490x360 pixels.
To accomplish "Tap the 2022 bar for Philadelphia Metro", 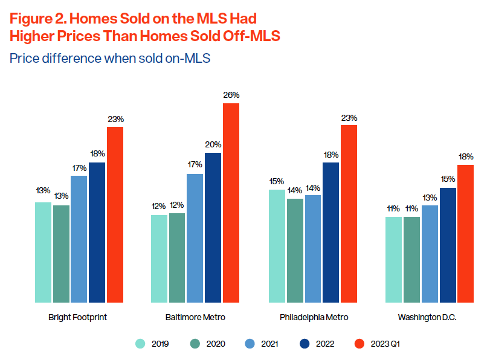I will (330, 232).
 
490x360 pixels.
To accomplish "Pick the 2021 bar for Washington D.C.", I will (430, 254).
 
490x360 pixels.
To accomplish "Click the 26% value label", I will (231, 95).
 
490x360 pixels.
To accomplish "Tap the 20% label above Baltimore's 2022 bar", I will (213, 144).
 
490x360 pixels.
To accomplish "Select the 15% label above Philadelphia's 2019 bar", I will (276, 181).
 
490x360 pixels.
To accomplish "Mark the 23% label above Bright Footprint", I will (115, 119).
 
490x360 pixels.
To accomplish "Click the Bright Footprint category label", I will (77, 317).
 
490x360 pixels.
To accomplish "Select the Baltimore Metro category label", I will (195, 317).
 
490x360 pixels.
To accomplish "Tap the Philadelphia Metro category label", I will (314, 317).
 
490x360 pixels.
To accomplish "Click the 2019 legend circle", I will (140, 344).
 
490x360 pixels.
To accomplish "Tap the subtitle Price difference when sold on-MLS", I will (109, 59).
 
